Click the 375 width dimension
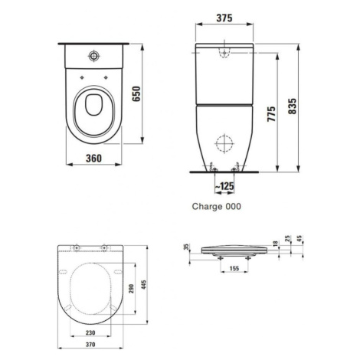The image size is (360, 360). click(224, 18)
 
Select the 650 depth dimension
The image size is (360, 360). click(136, 93)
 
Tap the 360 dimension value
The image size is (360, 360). click(93, 159)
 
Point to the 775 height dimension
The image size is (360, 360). click(271, 114)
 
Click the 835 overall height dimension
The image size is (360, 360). click(292, 106)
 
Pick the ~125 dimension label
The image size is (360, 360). click(224, 186)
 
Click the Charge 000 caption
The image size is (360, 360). click(216, 206)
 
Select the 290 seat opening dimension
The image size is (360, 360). click(131, 289)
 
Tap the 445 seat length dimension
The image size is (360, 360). click(143, 285)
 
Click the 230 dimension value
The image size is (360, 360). click(90, 332)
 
